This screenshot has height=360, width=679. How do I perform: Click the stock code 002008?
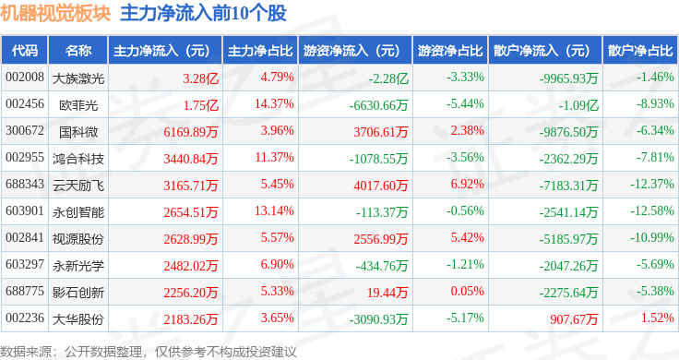[25, 78]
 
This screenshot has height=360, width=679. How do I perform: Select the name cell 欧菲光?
[78, 105]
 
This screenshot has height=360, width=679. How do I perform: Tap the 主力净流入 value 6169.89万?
[191, 132]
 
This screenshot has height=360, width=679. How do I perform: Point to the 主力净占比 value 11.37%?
[275, 157]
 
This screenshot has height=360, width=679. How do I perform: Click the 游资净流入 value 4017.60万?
[381, 186]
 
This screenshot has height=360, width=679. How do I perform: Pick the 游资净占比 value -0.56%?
[465, 211]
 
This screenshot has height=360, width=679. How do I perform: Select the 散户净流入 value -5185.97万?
[568, 239]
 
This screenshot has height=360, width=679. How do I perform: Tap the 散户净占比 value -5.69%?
[655, 264]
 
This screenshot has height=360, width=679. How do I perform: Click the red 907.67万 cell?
[574, 319]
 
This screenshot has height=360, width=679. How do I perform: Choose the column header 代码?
[25, 51]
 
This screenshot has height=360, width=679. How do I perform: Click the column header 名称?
[78, 51]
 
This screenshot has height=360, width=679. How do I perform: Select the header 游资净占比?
[450, 51]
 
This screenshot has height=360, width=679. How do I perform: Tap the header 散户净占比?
[640, 51]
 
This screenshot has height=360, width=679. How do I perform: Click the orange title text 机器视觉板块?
[55, 13]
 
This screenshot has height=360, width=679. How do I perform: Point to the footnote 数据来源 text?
[26, 352]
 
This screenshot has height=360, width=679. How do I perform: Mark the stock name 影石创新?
[78, 293]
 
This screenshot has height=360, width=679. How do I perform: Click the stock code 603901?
[25, 211]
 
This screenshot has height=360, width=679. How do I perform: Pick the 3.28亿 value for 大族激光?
[200, 78]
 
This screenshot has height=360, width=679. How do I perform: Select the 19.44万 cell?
[387, 293]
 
